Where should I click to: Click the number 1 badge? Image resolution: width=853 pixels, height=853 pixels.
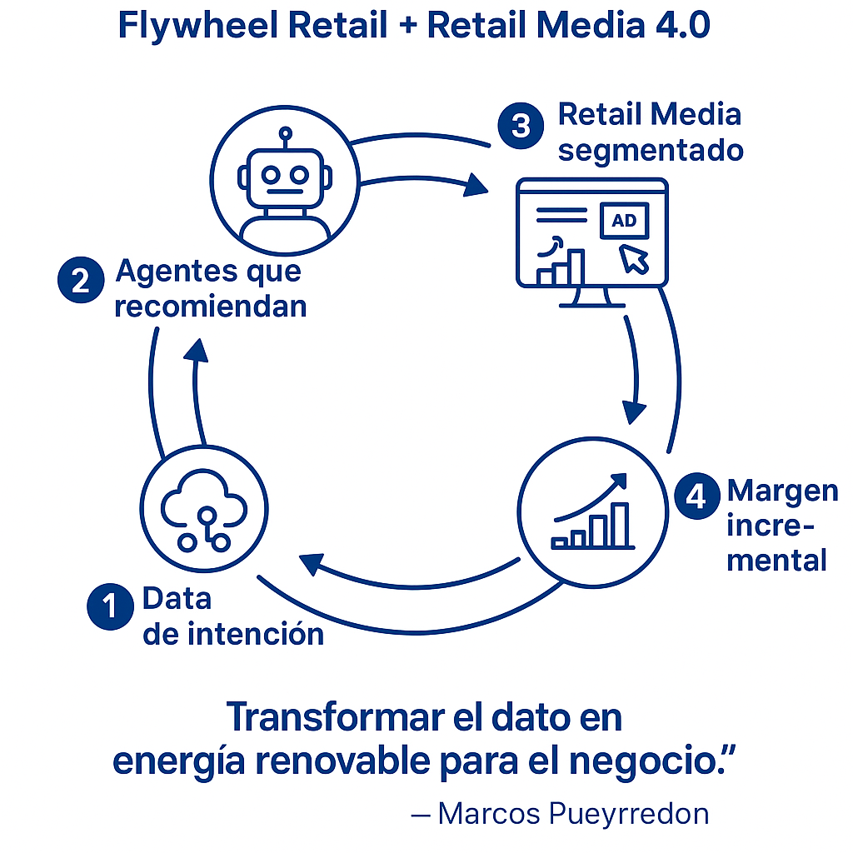pos(111,606)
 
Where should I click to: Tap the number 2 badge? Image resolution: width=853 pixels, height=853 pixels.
pos(81,280)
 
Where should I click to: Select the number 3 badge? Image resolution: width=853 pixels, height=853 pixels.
pos(521,126)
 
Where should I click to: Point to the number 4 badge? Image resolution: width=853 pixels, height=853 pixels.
pos(697,496)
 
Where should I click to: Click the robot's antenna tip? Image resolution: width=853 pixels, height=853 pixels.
pos(285,132)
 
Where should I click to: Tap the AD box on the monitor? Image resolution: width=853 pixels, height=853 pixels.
pos(624,220)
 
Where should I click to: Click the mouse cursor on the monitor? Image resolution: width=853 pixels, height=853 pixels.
pos(633,259)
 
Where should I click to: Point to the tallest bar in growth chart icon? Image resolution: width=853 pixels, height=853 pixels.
pos(620,524)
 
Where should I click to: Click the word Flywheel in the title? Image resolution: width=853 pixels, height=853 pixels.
pos(198,26)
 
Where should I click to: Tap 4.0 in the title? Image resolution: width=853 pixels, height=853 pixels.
pos(683,25)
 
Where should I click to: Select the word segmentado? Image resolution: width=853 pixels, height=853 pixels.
pos(651,151)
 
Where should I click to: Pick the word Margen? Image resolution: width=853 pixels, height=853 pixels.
pos(783,491)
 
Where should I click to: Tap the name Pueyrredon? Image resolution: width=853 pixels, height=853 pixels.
pos(629,814)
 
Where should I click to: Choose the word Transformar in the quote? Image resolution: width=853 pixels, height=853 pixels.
pos(336,717)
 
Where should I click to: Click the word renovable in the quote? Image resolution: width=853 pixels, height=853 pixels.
pos(343,761)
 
